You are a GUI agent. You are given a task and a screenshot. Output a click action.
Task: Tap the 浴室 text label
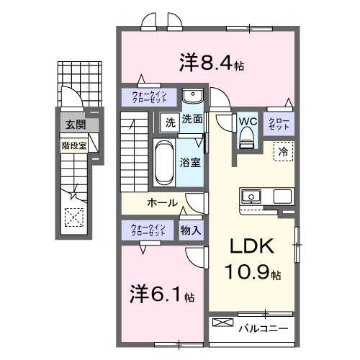click(x=191, y=162)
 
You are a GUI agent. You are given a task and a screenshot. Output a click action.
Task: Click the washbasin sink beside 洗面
click(x=192, y=96)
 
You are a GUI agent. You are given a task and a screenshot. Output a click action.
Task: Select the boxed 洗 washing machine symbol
click(x=171, y=120)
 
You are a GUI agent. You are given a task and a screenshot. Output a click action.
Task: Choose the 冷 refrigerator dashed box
click(x=283, y=151)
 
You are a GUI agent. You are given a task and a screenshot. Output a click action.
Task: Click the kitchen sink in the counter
click(x=253, y=196)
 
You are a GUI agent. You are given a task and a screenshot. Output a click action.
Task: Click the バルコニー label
click(x=263, y=329)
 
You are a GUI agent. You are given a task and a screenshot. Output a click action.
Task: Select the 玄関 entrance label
click(x=76, y=125)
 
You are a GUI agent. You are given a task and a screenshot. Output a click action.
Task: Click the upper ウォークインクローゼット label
click(x=148, y=97)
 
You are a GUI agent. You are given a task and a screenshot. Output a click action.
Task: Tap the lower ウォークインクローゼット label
click(x=148, y=230)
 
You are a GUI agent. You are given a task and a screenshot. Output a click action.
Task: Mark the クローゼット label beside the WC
click(x=278, y=122)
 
